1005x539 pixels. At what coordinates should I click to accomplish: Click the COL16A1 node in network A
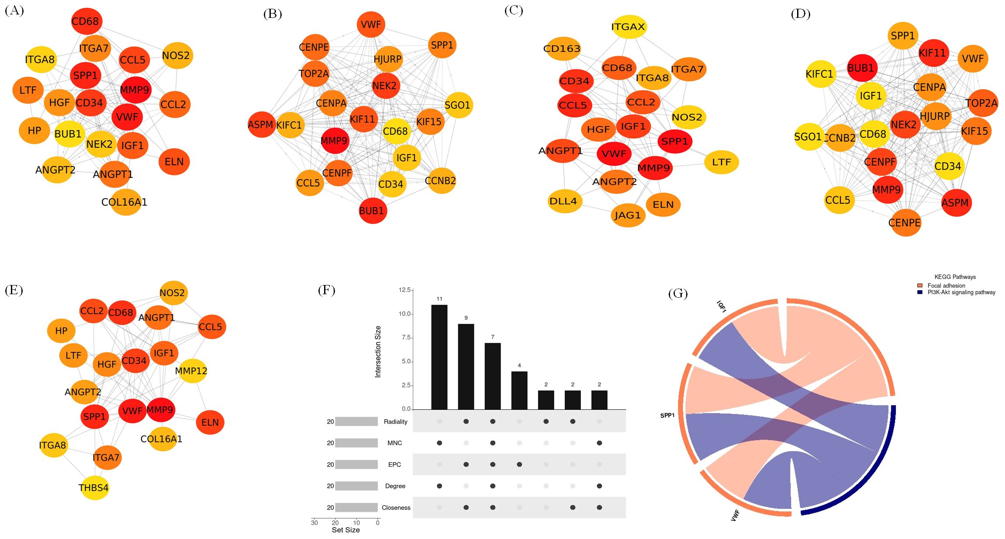tap(125, 202)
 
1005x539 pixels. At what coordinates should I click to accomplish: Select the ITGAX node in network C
tap(628, 27)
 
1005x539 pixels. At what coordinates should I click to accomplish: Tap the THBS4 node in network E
tap(94, 487)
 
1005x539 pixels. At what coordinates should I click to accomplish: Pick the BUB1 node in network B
tap(372, 211)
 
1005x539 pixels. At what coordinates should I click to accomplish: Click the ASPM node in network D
tap(955, 203)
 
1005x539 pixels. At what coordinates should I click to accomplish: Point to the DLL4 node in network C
tap(563, 201)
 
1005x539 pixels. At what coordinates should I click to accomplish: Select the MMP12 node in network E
tap(191, 371)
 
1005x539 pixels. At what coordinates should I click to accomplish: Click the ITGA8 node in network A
tap(40, 59)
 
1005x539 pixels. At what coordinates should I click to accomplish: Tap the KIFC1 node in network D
tap(820, 74)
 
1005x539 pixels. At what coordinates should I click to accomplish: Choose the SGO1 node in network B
tap(457, 105)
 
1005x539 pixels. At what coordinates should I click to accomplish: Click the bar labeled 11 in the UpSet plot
tap(439, 357)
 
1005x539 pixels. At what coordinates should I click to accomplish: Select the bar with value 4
tap(519, 390)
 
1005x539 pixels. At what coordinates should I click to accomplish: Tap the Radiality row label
tap(395, 421)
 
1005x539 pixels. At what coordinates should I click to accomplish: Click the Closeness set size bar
tap(356, 507)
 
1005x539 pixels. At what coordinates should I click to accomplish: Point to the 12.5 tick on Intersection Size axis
tap(404, 290)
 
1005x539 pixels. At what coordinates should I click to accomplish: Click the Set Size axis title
tap(345, 530)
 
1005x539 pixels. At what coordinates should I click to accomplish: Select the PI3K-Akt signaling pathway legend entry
tap(961, 292)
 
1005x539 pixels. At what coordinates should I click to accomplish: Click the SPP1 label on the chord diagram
tap(667, 415)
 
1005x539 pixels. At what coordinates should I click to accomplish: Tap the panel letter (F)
tap(326, 290)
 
